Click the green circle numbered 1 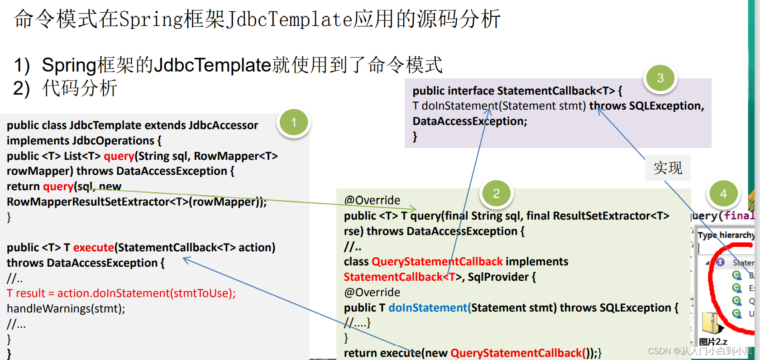(x=294, y=123)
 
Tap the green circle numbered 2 (x=496, y=194)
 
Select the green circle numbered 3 (x=660, y=78)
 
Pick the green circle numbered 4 (x=723, y=194)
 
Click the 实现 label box (x=668, y=168)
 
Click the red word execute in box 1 (x=93, y=248)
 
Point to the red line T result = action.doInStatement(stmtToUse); (x=121, y=293)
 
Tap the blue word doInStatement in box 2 (x=428, y=308)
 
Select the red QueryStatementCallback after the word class (x=437, y=262)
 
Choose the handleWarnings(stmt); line (x=66, y=309)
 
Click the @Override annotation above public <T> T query (x=372, y=201)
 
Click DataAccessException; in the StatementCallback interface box (x=470, y=121)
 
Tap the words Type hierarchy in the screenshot (x=726, y=235)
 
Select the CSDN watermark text (x=700, y=351)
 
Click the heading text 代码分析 (x=80, y=88)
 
